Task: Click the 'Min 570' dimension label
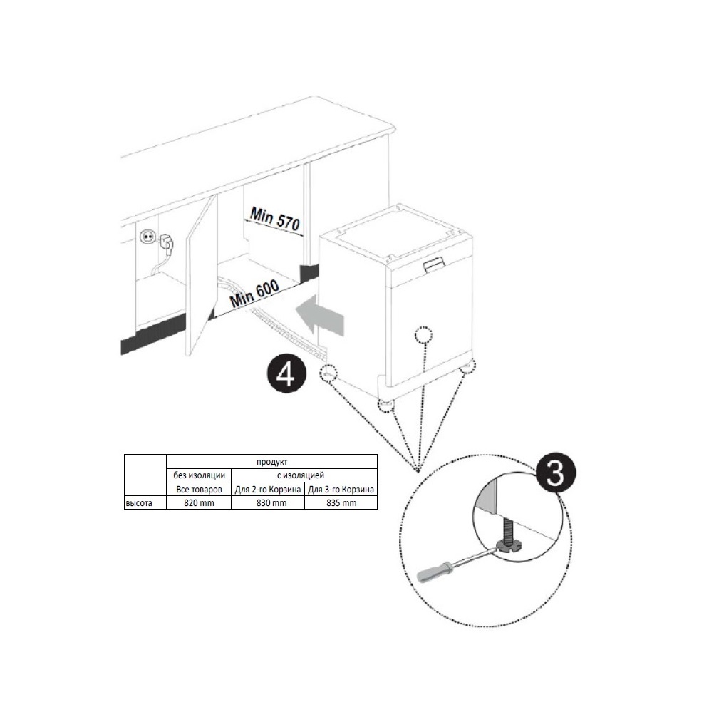(x=274, y=219)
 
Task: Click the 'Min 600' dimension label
(x=254, y=294)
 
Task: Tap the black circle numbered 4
(x=286, y=374)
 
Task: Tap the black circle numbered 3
(x=555, y=475)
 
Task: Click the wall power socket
(x=147, y=237)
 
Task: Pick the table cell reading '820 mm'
(x=199, y=503)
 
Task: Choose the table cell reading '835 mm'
(x=341, y=503)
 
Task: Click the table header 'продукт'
(x=271, y=462)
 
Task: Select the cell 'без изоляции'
(x=199, y=475)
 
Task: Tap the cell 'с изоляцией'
(x=300, y=475)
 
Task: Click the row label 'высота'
(x=139, y=503)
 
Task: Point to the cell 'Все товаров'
(x=199, y=489)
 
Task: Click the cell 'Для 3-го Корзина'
(x=341, y=489)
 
